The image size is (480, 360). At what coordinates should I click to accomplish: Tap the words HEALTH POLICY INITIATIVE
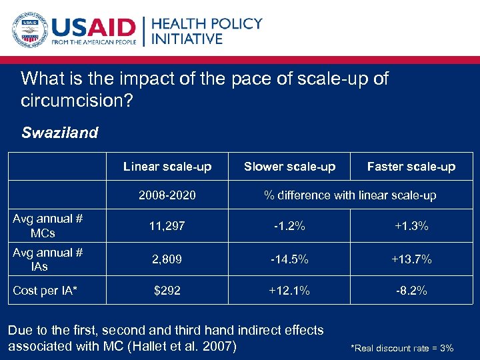pos(207,31)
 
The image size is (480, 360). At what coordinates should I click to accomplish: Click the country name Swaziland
pos(59,132)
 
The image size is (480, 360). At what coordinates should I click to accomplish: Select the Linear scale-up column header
pos(167,167)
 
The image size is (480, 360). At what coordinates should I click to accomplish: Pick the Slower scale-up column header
pos(289,167)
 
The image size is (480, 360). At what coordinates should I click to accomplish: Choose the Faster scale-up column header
pos(411,167)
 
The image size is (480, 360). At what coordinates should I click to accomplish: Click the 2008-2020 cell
pos(167,195)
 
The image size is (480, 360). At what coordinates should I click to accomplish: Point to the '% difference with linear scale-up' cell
pos(350,195)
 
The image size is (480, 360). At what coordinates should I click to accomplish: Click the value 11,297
pos(167,227)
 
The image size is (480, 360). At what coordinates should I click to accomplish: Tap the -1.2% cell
pos(289,227)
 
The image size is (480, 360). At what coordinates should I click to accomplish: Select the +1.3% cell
pos(411,227)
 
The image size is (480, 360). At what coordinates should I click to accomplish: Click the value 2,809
pos(167,259)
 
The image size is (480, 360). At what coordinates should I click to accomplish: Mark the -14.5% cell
pos(289,259)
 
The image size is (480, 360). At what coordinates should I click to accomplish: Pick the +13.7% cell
pos(411,259)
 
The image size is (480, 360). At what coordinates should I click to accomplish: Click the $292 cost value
pos(167,291)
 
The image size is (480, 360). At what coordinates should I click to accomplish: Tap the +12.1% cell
pos(289,291)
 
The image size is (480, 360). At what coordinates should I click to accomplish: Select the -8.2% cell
pos(411,291)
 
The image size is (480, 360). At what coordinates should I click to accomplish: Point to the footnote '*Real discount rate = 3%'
pos(402,348)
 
